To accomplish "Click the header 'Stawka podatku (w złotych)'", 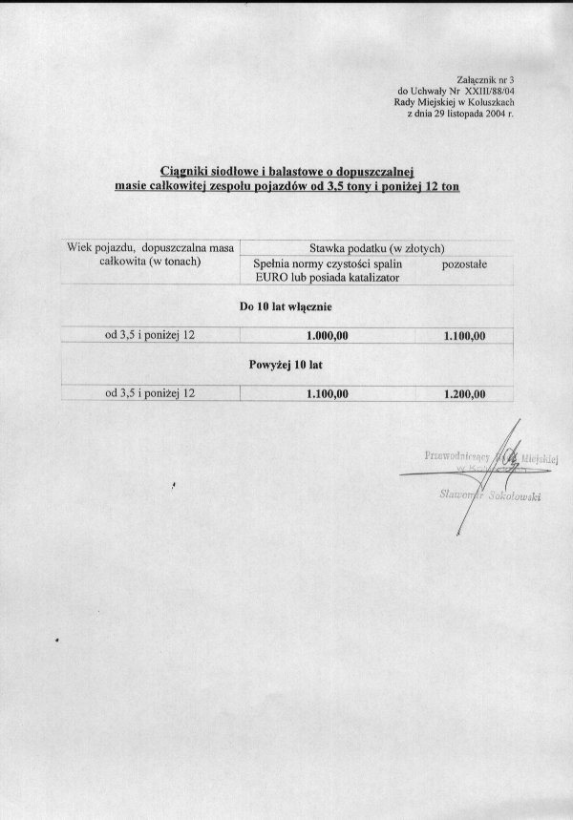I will (374, 246).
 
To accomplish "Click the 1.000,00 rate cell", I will (328, 336).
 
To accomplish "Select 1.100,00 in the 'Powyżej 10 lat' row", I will (328, 393).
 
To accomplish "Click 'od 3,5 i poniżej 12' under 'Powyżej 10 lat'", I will (150, 392).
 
